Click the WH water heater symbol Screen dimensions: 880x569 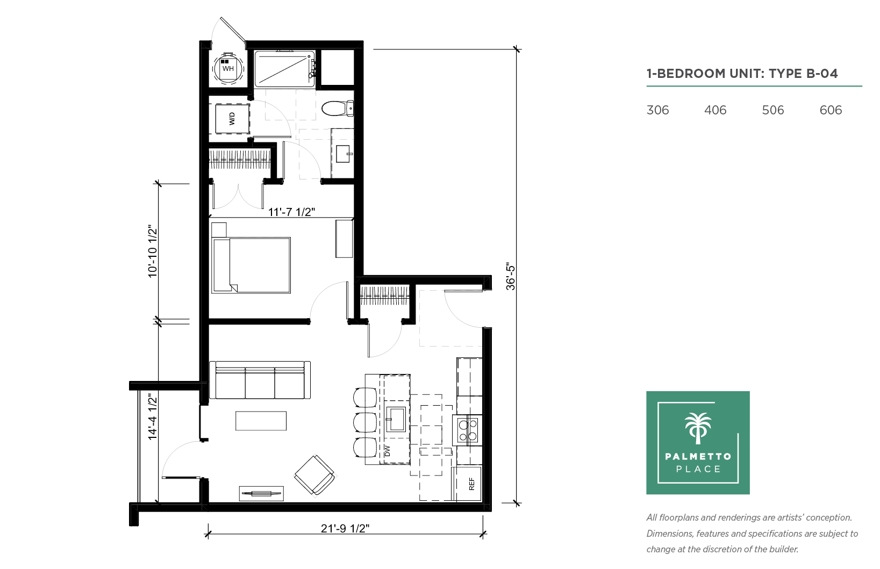coord(228,69)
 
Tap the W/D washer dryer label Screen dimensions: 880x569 coord(232,119)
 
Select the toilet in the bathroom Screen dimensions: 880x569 coord(338,109)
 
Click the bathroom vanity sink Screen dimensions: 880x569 coord(343,154)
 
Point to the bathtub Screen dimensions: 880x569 coord(285,69)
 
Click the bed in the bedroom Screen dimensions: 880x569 coord(251,265)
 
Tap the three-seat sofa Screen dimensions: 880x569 coord(260,380)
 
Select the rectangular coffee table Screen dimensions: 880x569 coord(261,421)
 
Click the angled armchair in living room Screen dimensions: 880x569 coord(314,476)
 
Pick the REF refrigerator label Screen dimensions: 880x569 coord(472,484)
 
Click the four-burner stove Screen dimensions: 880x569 coord(468,430)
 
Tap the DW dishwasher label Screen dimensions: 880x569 coord(388,451)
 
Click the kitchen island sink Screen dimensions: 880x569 coord(396,419)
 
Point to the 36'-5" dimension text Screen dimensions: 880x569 coord(510,277)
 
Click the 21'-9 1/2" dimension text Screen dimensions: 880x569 coord(345,529)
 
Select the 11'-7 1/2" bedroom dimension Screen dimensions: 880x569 coord(291,212)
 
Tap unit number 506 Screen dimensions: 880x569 coord(772,110)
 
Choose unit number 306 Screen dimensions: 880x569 coord(657,110)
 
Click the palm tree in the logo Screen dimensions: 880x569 coord(698,428)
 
